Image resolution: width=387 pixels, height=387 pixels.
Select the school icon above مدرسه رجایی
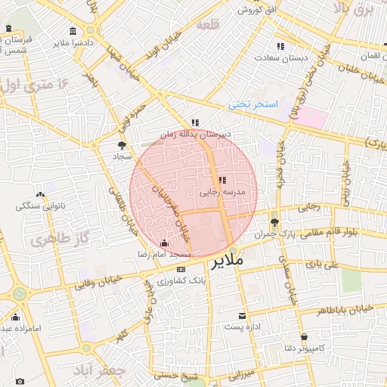[221, 181]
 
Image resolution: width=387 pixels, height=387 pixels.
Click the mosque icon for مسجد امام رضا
[165, 243]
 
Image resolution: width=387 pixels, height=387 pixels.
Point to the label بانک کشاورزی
[181, 280]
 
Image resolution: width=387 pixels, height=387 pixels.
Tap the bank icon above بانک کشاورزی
[181, 269]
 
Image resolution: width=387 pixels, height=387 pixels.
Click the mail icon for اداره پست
[242, 315]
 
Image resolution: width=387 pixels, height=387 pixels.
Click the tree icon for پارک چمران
[274, 222]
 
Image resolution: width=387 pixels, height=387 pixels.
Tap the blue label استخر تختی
[254, 104]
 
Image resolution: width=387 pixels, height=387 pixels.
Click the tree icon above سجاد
[122, 144]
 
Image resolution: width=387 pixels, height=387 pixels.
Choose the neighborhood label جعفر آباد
[98, 372]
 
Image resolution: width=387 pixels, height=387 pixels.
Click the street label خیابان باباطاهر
[345, 310]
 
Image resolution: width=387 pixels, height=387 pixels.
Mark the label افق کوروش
[260, 10]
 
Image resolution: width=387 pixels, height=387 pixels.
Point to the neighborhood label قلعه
[208, 24]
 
